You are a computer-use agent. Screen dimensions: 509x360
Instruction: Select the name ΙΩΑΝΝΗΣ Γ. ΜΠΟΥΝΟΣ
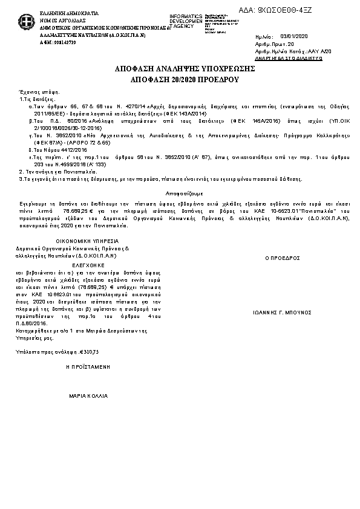[282, 313]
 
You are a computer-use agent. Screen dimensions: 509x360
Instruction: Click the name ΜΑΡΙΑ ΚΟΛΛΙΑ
[88, 396]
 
